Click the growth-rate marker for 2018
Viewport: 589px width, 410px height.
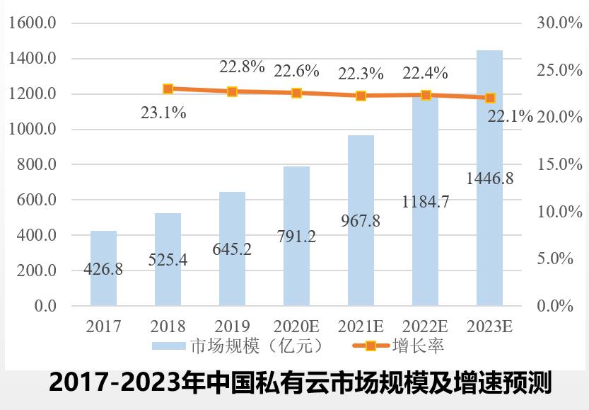pyautogui.click(x=168, y=89)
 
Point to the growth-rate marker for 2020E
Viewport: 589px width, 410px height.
pyautogui.click(x=297, y=93)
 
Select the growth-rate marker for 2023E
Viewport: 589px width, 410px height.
pyautogui.click(x=490, y=98)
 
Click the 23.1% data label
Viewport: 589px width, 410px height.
pyautogui.click(x=163, y=112)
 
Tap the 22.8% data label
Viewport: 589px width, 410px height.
pyautogui.click(x=242, y=67)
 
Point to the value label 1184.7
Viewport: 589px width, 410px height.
pyautogui.click(x=426, y=201)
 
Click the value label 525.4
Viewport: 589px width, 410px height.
pyautogui.click(x=168, y=260)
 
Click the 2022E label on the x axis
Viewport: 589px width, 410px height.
pyautogui.click(x=425, y=326)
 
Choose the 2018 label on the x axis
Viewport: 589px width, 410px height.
pyautogui.click(x=168, y=326)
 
